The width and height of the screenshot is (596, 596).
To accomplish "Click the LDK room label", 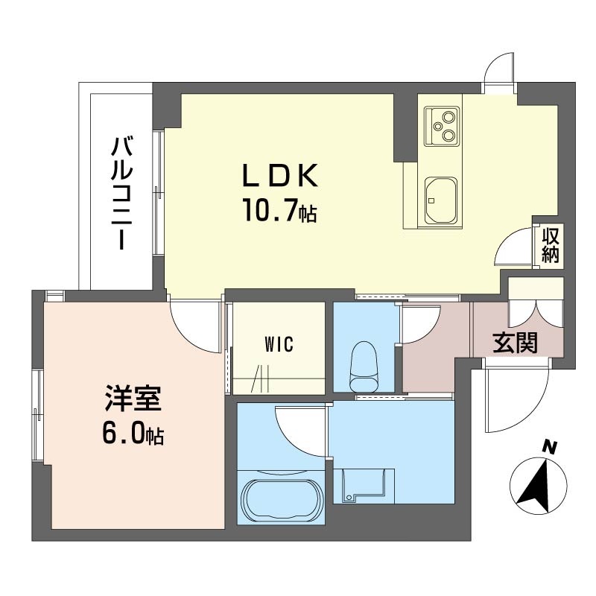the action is [x=280, y=176].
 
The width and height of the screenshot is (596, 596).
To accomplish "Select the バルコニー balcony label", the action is [x=121, y=194].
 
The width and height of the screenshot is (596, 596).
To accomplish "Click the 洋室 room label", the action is [x=133, y=399].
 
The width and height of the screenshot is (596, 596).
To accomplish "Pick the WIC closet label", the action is [x=279, y=344].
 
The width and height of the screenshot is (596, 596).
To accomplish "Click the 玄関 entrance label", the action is [x=516, y=343].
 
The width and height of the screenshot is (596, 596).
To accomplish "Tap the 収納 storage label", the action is [x=551, y=246].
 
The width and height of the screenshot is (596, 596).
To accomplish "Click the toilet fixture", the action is [x=364, y=366].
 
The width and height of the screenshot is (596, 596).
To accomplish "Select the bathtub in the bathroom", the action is [x=281, y=498].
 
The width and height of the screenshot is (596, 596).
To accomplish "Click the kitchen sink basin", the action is [x=440, y=201].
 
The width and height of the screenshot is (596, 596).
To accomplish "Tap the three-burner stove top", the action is [x=442, y=125].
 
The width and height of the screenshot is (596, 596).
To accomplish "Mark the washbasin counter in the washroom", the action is [x=364, y=486].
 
